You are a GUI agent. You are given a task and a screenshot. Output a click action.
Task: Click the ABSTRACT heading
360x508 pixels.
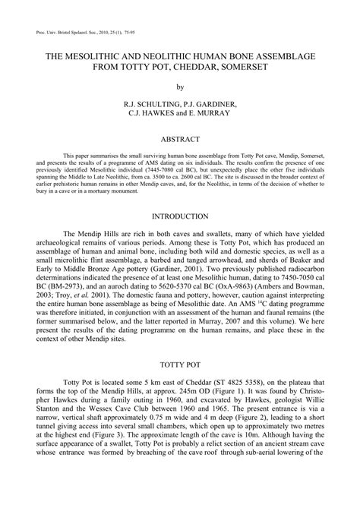pyautogui.click(x=180, y=118)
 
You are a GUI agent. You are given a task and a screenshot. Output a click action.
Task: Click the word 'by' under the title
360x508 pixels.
pyautogui.click(x=180, y=87)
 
